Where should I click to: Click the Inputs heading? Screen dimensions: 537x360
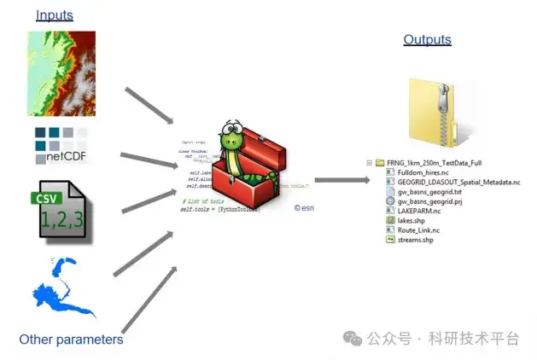(55, 15)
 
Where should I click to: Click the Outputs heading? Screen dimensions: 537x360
(427, 40)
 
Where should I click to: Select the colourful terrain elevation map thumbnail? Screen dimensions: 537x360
(61, 73)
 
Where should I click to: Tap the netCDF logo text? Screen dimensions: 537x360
(66, 156)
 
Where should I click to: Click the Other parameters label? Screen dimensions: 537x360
(71, 340)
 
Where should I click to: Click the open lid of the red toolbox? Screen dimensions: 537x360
(265, 141)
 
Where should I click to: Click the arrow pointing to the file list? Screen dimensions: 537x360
(341, 180)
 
